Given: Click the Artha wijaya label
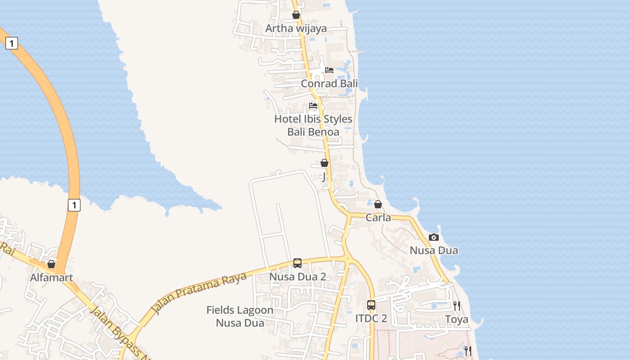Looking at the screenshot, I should [x=296, y=28].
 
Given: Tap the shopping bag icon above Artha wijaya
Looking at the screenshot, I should [x=296, y=15].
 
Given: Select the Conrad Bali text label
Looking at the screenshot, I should [x=329, y=83].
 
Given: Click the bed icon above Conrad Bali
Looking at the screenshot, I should [x=329, y=70].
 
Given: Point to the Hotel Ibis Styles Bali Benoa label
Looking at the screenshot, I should [x=313, y=125].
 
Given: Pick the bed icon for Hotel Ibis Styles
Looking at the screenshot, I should [x=313, y=106].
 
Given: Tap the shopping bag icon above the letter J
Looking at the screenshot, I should [x=324, y=163].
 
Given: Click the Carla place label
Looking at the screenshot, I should [x=378, y=218].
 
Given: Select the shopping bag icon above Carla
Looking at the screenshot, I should [x=378, y=204].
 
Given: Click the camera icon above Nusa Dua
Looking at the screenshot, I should [x=434, y=237].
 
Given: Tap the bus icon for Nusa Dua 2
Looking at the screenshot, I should [x=297, y=263].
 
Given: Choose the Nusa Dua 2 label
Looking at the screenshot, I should [x=297, y=277].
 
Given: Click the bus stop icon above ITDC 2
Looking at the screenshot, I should [x=371, y=305].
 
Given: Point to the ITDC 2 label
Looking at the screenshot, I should [x=371, y=318].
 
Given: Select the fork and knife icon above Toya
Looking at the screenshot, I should [x=457, y=306].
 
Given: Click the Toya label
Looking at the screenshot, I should [x=457, y=319].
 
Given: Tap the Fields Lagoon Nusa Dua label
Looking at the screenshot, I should [x=240, y=316].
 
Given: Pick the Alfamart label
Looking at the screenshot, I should [x=51, y=278].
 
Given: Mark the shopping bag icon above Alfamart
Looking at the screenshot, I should [x=51, y=264].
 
